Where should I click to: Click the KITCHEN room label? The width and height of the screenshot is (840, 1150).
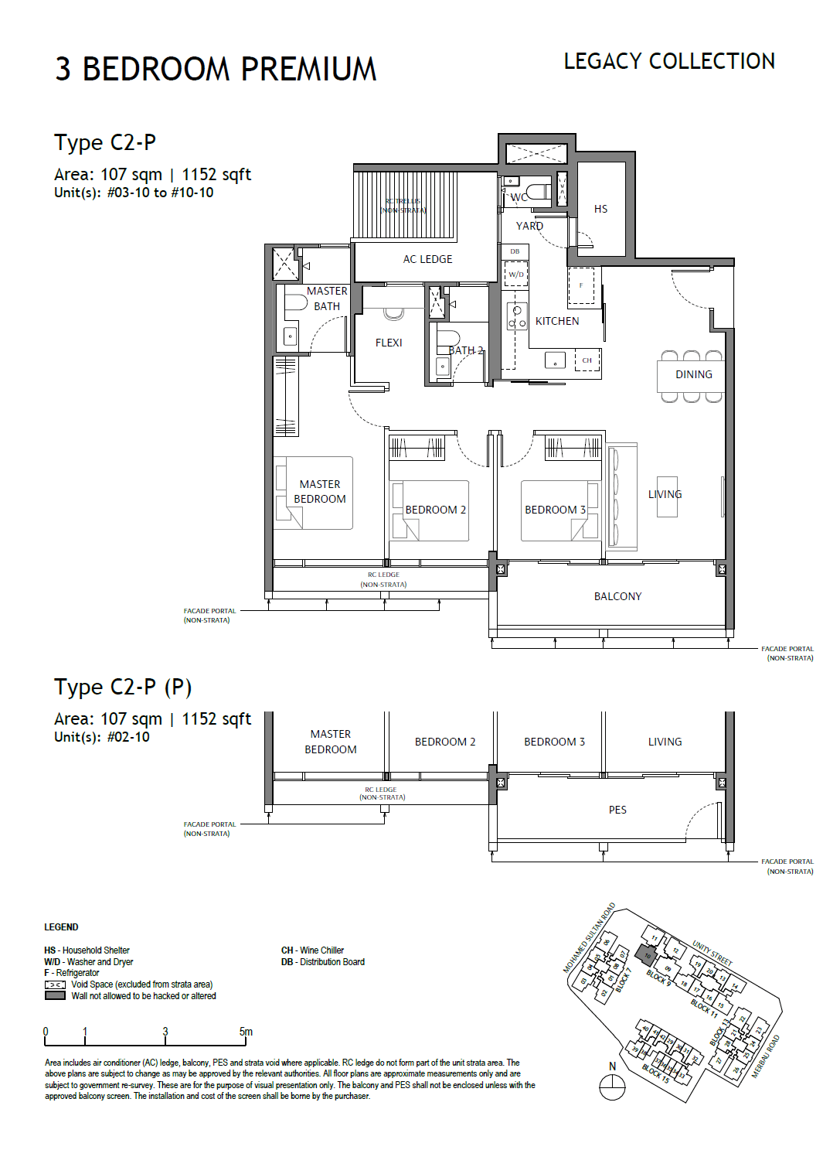point(556,321)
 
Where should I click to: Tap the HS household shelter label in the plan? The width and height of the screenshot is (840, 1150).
point(600,209)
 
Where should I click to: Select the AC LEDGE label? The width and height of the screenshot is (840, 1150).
point(427,259)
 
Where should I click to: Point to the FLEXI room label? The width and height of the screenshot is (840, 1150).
point(389,343)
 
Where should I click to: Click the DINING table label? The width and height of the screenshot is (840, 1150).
point(693,374)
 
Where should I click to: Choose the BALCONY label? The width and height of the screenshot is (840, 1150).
point(617,596)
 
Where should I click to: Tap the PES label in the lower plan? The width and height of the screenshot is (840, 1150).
point(617,810)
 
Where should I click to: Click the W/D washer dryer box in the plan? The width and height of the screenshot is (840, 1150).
point(515,275)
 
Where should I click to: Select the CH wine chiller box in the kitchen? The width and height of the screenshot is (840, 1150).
point(587,360)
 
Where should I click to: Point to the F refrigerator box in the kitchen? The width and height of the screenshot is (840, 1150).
point(581,285)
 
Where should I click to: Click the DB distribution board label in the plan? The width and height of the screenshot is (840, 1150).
point(515,251)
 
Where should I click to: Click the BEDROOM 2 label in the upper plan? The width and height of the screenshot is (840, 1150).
point(435,510)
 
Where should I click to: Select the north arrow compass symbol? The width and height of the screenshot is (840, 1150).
point(612,1087)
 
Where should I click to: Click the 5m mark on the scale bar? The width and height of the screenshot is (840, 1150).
point(246,1032)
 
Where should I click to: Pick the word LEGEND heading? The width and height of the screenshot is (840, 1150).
point(61,927)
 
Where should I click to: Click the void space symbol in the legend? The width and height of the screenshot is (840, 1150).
point(55,984)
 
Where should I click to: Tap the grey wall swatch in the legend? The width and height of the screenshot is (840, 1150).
point(55,996)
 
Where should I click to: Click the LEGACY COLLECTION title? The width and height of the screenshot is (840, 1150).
point(668,62)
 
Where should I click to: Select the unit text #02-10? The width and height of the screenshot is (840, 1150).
point(128,737)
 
